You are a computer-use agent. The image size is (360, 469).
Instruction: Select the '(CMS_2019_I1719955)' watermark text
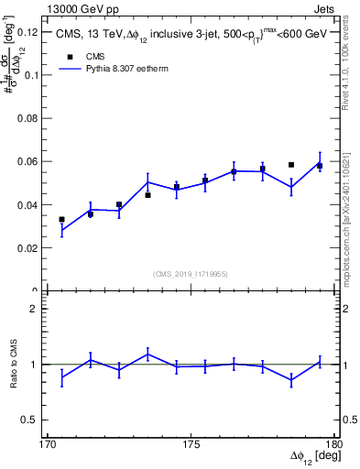coord(191,272)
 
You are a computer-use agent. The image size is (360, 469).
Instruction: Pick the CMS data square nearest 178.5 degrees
coord(291,165)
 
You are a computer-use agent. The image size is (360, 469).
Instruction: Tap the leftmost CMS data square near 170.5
coord(61,220)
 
